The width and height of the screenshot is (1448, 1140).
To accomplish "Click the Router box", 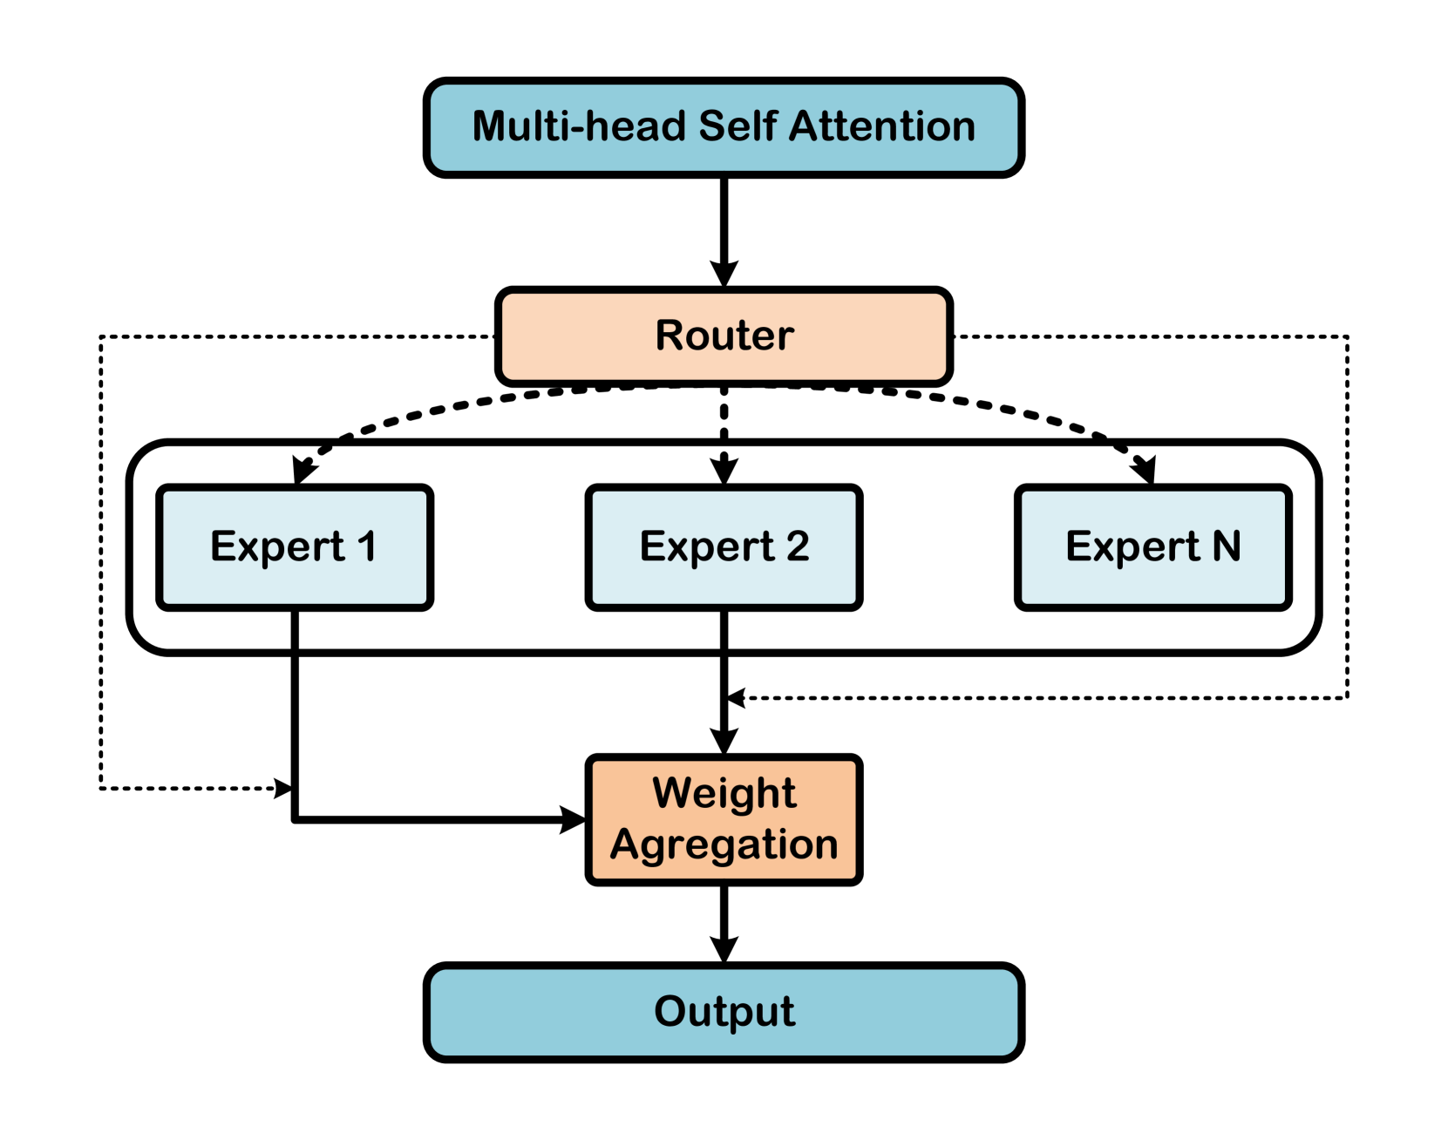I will coord(724,336).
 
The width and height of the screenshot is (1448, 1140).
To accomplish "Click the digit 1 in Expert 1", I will coord(367,546).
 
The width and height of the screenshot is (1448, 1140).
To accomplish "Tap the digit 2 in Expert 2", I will coord(798,546).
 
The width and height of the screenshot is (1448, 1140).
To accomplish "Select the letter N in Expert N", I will coord(1227,546).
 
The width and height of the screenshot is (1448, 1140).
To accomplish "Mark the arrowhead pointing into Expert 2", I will coord(724,469).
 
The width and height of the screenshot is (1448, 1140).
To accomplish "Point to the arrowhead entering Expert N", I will coord(1146,471).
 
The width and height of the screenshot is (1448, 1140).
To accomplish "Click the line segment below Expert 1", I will coord(295,629).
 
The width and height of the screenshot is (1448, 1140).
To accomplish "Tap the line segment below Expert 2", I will coord(724,629).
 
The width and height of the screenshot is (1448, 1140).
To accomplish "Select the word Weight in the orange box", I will coord(724,793).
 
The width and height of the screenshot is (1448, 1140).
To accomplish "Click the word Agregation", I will coord(724,845).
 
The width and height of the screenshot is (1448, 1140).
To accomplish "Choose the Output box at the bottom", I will coord(724,1012).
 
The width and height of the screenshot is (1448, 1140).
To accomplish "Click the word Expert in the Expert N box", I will coord(1132,547).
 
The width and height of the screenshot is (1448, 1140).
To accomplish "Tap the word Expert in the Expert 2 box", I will coord(706,547).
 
